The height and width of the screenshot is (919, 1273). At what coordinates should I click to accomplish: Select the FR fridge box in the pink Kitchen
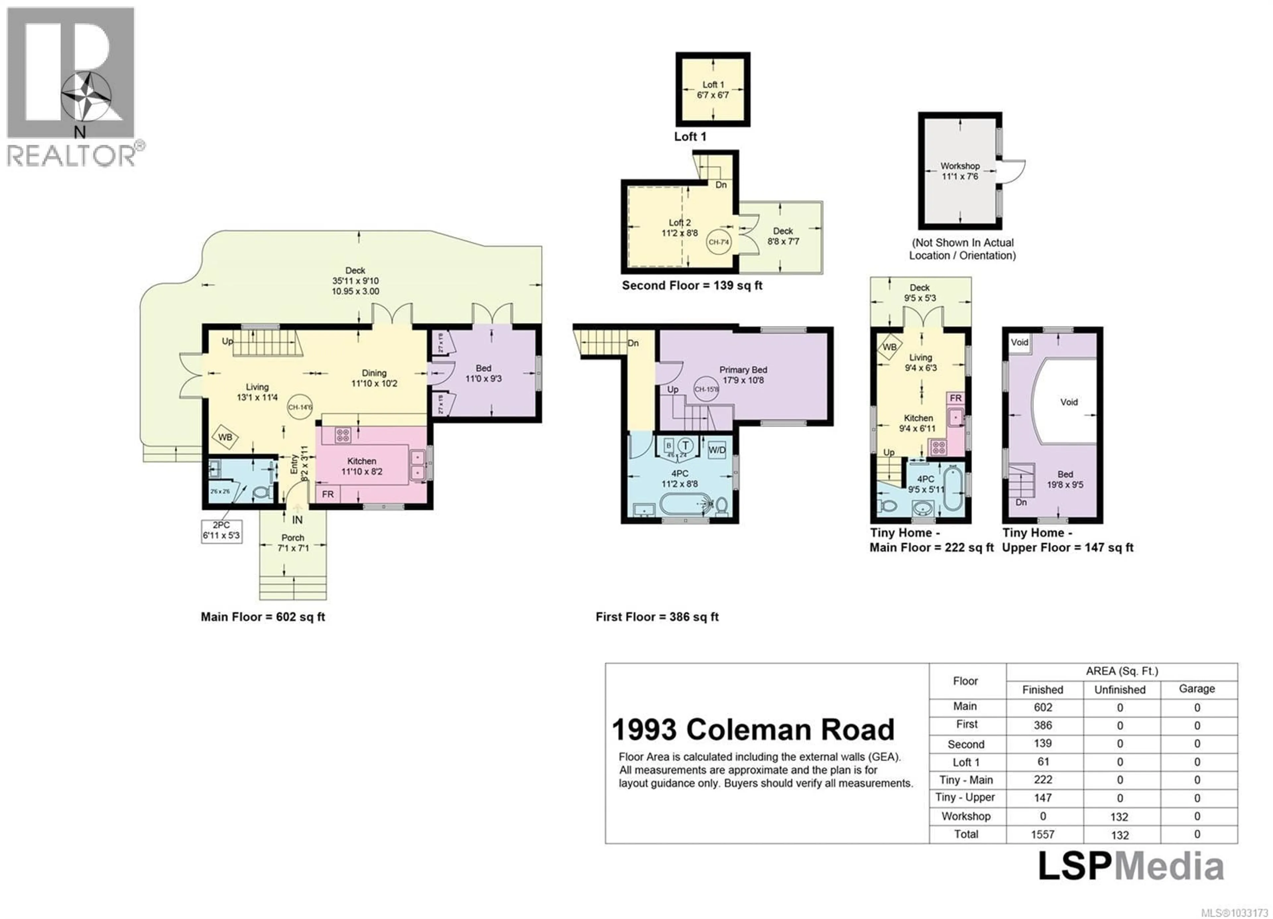pos(328,494)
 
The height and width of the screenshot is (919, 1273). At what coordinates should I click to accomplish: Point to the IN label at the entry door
pos(297,520)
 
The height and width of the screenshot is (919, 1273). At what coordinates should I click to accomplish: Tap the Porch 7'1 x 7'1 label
pos(292,542)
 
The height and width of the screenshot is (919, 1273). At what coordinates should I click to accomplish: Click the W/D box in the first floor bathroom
pos(717,450)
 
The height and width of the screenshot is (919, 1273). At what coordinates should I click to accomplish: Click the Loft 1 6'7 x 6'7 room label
pos(713,90)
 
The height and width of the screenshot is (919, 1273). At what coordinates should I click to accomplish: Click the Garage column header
pos(1197,689)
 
